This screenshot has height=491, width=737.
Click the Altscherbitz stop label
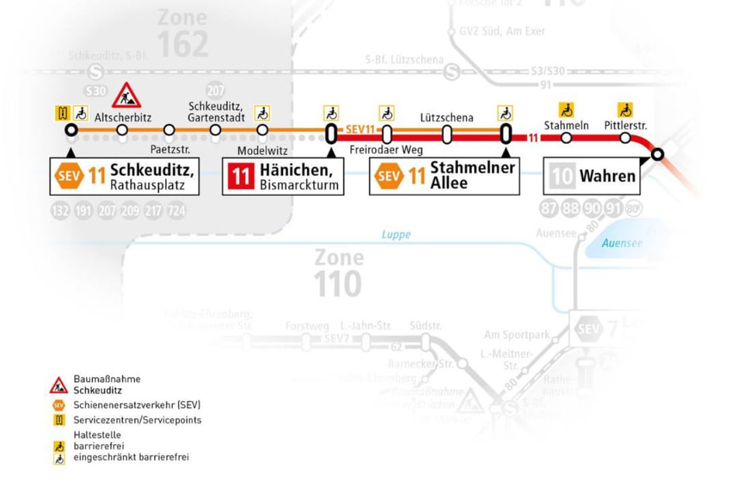pyautogui.click(x=123, y=118)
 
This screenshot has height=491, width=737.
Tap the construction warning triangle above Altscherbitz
pyautogui.click(x=126, y=96)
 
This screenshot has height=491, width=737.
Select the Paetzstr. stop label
pyautogui.click(x=169, y=149)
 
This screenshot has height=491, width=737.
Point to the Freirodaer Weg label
pyautogui.click(x=386, y=149)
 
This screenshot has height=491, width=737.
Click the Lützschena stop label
pyautogui.click(x=446, y=118)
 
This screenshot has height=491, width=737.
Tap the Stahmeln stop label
pyautogui.click(x=567, y=125)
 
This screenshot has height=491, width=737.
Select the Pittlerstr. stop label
pyautogui.click(x=625, y=125)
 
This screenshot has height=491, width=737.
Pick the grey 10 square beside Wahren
pyautogui.click(x=562, y=176)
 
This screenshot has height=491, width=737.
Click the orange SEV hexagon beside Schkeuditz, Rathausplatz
pyautogui.click(x=67, y=176)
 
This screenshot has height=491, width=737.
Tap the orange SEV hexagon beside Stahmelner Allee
pyautogui.click(x=387, y=176)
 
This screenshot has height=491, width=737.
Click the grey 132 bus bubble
pyautogui.click(x=60, y=211)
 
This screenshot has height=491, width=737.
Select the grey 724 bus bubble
pyautogui.click(x=177, y=211)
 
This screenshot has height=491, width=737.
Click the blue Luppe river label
pyautogui.click(x=396, y=235)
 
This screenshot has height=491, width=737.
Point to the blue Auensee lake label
pyautogui.click(x=622, y=243)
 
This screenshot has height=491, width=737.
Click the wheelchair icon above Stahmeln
pyautogui.click(x=567, y=109)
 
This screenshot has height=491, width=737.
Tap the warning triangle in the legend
pyautogui.click(x=59, y=385)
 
